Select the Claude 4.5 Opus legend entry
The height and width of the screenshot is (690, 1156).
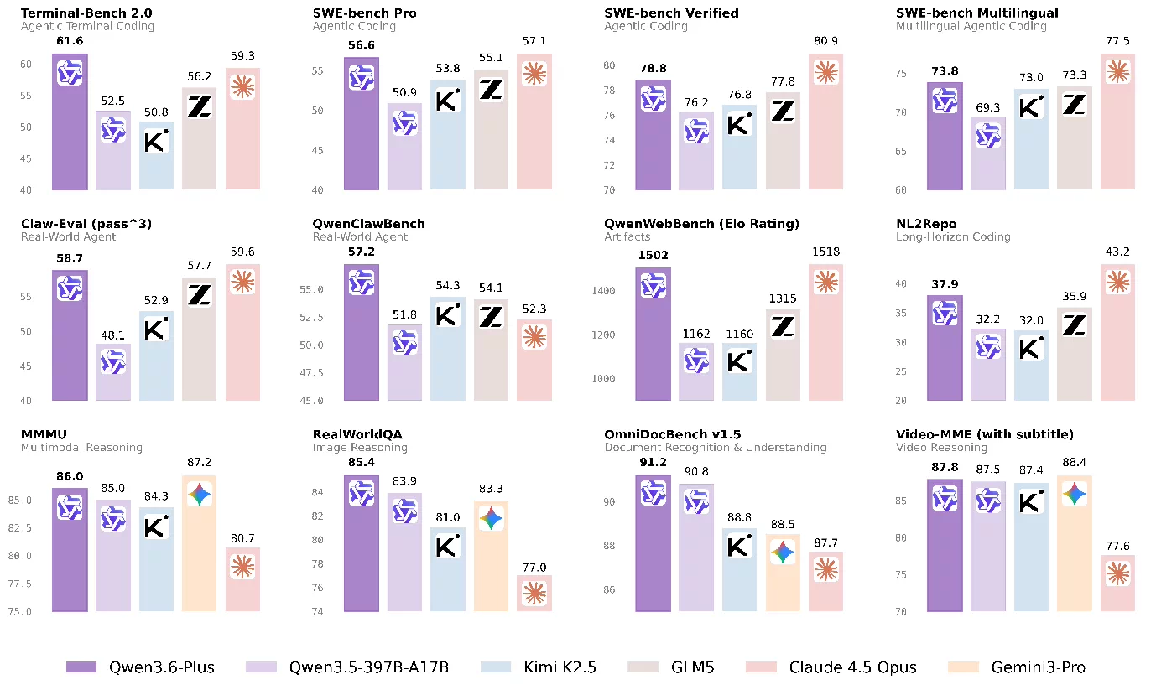click(x=852, y=667)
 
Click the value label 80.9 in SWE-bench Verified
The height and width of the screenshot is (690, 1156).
click(x=826, y=40)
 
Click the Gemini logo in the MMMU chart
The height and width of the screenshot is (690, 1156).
click(x=199, y=495)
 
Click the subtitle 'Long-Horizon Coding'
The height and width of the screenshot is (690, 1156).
click(x=953, y=237)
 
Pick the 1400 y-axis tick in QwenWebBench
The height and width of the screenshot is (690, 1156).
click(x=608, y=292)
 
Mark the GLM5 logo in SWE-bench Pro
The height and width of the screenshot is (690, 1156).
click(x=491, y=89)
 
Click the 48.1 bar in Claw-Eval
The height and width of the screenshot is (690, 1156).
click(x=112, y=372)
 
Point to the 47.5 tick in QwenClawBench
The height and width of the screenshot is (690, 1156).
click(x=311, y=373)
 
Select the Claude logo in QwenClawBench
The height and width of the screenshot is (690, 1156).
click(x=534, y=337)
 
